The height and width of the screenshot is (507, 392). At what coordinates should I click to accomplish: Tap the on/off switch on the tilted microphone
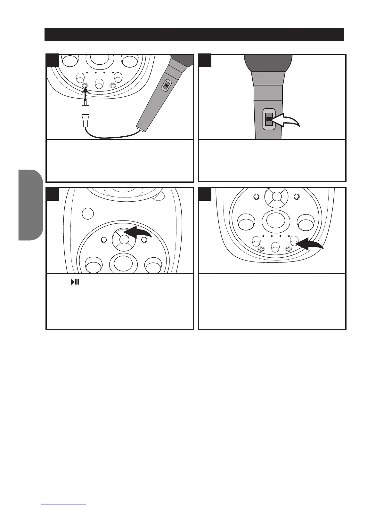click(x=166, y=85)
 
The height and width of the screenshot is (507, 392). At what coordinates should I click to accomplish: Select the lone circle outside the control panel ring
click(x=88, y=213)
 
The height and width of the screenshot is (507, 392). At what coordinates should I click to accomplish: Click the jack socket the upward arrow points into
click(x=85, y=85)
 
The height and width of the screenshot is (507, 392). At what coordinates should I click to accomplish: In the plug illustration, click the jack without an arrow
click(x=112, y=86)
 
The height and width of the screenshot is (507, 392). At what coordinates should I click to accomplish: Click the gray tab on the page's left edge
click(x=30, y=205)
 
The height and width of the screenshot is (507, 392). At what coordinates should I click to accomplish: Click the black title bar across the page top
click(x=194, y=35)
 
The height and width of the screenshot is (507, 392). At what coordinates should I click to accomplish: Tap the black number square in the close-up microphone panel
click(x=205, y=60)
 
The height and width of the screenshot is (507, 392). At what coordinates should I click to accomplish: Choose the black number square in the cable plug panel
click(x=53, y=60)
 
